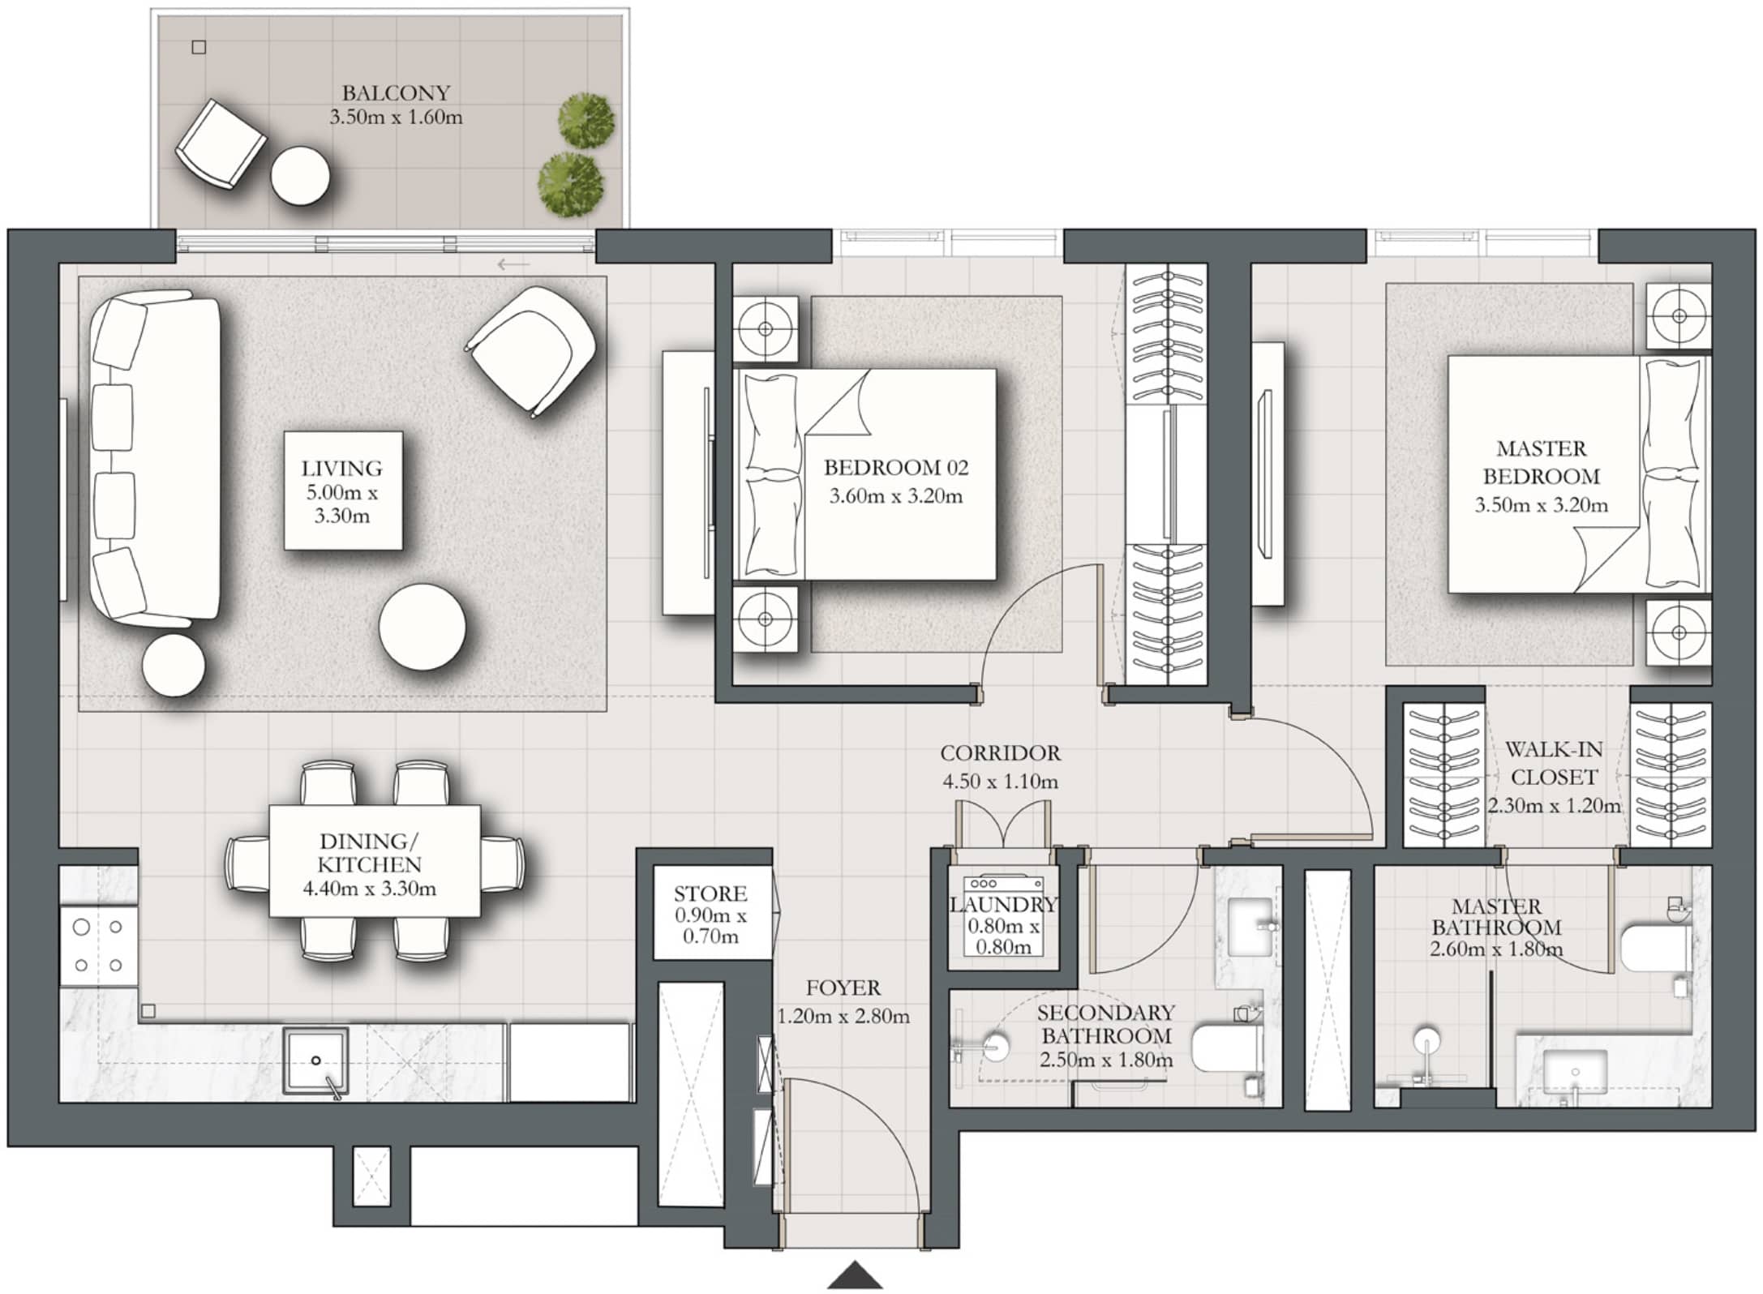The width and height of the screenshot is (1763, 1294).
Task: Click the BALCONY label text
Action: click(x=396, y=92)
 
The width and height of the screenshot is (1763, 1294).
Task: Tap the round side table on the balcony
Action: click(x=300, y=176)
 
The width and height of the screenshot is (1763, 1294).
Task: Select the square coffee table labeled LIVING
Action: click(x=343, y=491)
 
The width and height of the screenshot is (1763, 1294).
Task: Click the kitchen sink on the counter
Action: click(x=315, y=1059)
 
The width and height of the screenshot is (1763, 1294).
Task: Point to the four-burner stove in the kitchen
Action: click(x=98, y=945)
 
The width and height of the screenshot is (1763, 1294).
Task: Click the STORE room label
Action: click(x=710, y=893)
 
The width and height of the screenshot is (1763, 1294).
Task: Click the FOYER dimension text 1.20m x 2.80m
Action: click(x=843, y=1016)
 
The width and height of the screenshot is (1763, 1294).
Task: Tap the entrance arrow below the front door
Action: click(x=855, y=1275)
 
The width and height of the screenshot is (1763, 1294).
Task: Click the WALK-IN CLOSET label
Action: click(x=1554, y=764)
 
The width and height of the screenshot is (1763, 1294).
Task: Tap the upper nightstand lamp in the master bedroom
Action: click(x=1678, y=315)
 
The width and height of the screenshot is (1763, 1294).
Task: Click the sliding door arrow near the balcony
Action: click(x=513, y=264)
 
